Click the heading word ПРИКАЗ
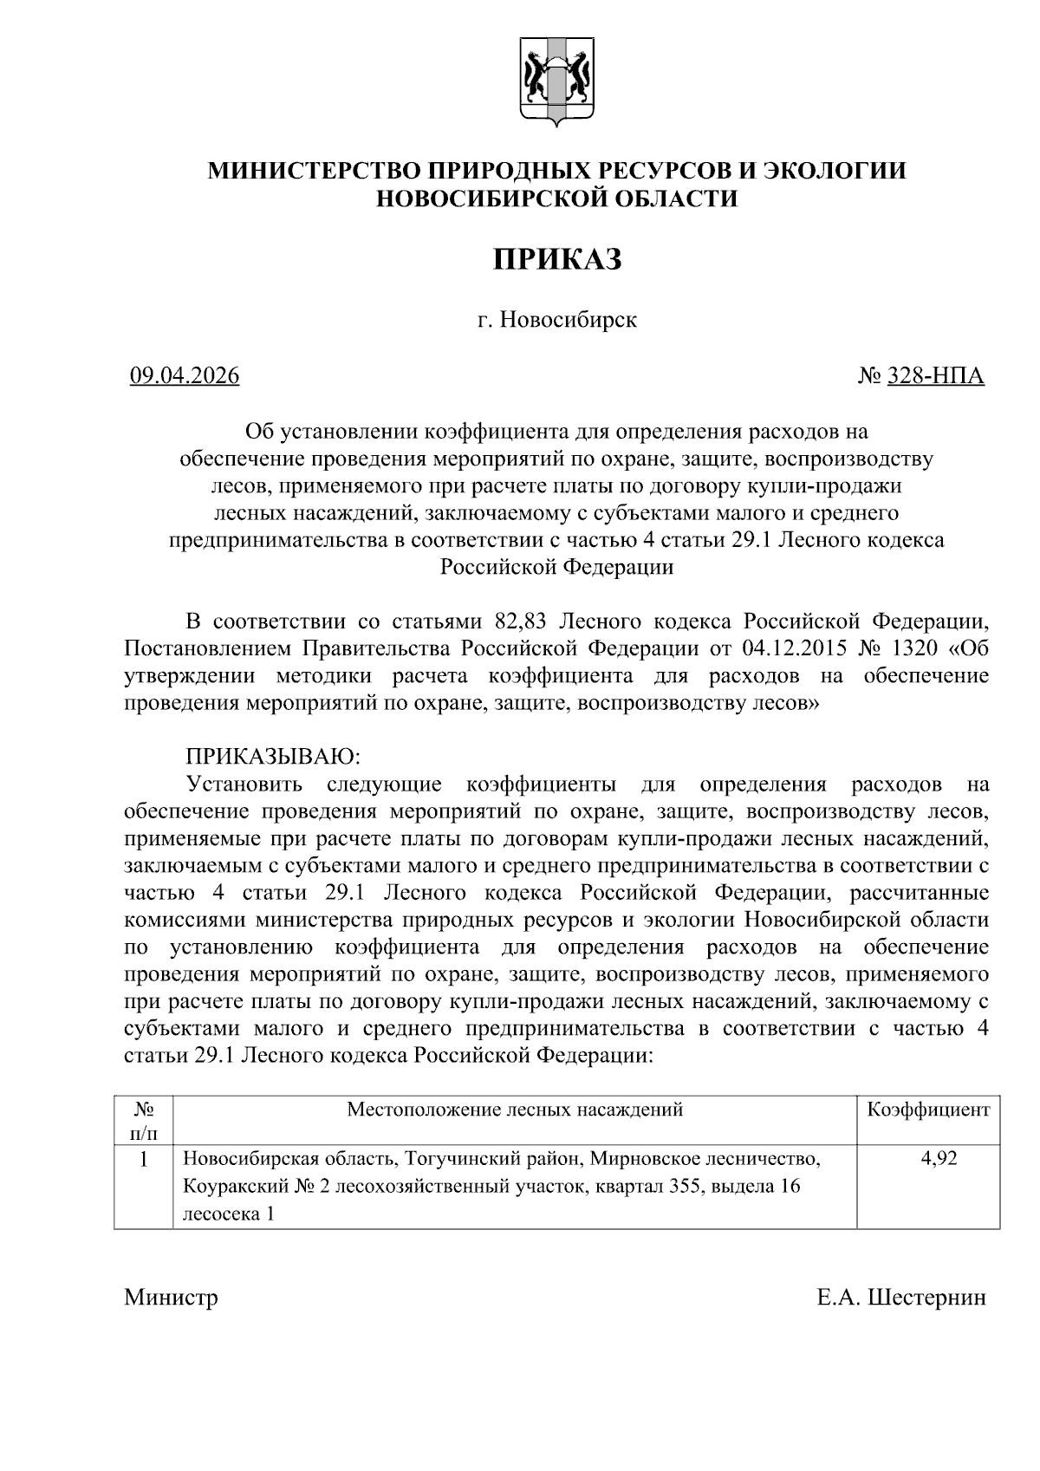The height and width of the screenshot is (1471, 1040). pos(557,259)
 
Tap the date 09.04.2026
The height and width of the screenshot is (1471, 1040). pos(185,376)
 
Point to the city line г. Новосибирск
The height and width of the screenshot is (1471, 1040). pos(557,320)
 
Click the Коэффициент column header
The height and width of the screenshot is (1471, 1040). pos(928,1110)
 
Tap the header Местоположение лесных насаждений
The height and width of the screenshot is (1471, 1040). pos(515,1110)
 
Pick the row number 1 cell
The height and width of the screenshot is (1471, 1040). pos(144,1159)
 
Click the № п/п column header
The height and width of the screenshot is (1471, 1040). pos(144,1121)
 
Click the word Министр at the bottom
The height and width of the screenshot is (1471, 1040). pos(171,1298)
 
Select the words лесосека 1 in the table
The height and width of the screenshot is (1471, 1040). pos(228,1214)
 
